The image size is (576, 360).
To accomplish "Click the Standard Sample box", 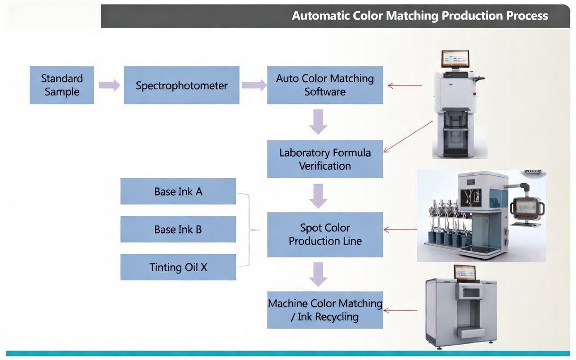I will [62, 85].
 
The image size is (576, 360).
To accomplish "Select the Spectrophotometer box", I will [181, 85].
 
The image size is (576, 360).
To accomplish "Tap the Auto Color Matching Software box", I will [325, 85].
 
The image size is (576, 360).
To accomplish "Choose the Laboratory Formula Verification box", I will [325, 159].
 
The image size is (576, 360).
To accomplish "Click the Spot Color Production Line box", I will [325, 234].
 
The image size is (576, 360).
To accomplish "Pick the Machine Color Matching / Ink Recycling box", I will [325, 310].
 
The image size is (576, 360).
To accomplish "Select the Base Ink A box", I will [178, 191].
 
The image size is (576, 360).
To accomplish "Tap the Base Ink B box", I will [178, 229].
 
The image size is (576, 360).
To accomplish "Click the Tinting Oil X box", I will [178, 267].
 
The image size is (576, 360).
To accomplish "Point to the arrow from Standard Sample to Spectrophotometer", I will [109, 85].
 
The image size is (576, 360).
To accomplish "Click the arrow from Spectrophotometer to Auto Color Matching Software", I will [254, 85].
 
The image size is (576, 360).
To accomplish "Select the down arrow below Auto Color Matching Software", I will [318, 121].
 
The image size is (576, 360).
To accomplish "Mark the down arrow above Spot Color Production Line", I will [318, 196].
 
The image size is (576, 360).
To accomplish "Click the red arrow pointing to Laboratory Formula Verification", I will [407, 136].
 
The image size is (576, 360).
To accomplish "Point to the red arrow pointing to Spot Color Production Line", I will [400, 230].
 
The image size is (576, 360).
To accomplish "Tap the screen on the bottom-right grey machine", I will [464, 273].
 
